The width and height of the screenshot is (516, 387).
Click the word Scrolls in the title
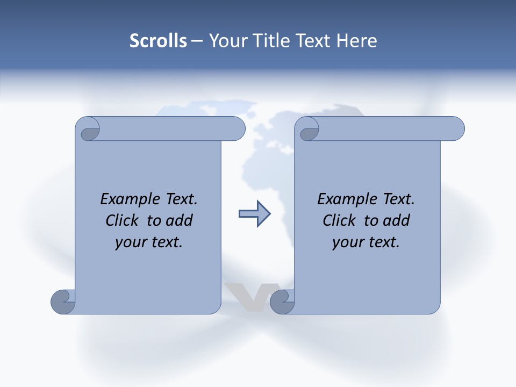click(159, 41)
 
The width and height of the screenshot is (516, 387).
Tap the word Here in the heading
click(357, 41)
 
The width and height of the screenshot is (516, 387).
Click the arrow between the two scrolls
click(254, 214)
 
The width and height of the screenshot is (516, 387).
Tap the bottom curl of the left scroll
click(62, 302)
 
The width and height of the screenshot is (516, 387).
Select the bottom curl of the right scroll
click(282, 302)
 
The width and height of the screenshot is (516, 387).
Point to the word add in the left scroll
click(179, 220)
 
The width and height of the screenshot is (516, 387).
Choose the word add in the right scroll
click(396, 220)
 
